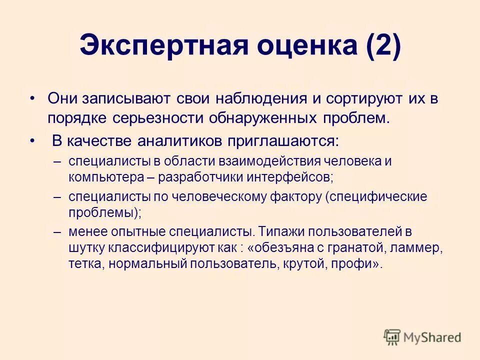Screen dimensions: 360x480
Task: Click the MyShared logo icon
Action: (392, 337)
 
